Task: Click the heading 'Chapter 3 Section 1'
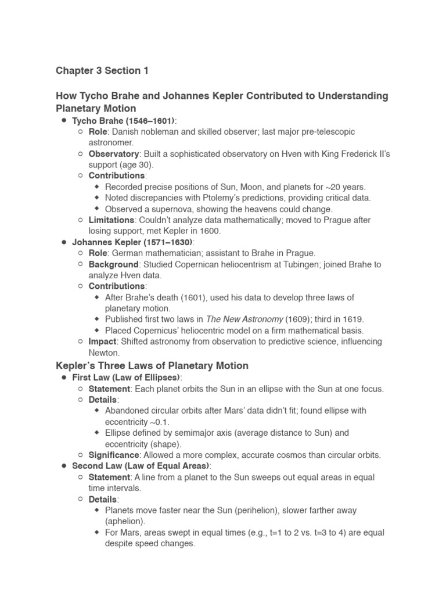(102, 70)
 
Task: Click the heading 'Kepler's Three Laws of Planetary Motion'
(152, 365)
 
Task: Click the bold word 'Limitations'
(111, 220)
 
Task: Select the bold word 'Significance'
(114, 455)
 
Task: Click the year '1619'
(354, 320)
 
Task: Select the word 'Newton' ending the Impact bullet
(103, 353)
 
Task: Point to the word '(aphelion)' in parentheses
(125, 521)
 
